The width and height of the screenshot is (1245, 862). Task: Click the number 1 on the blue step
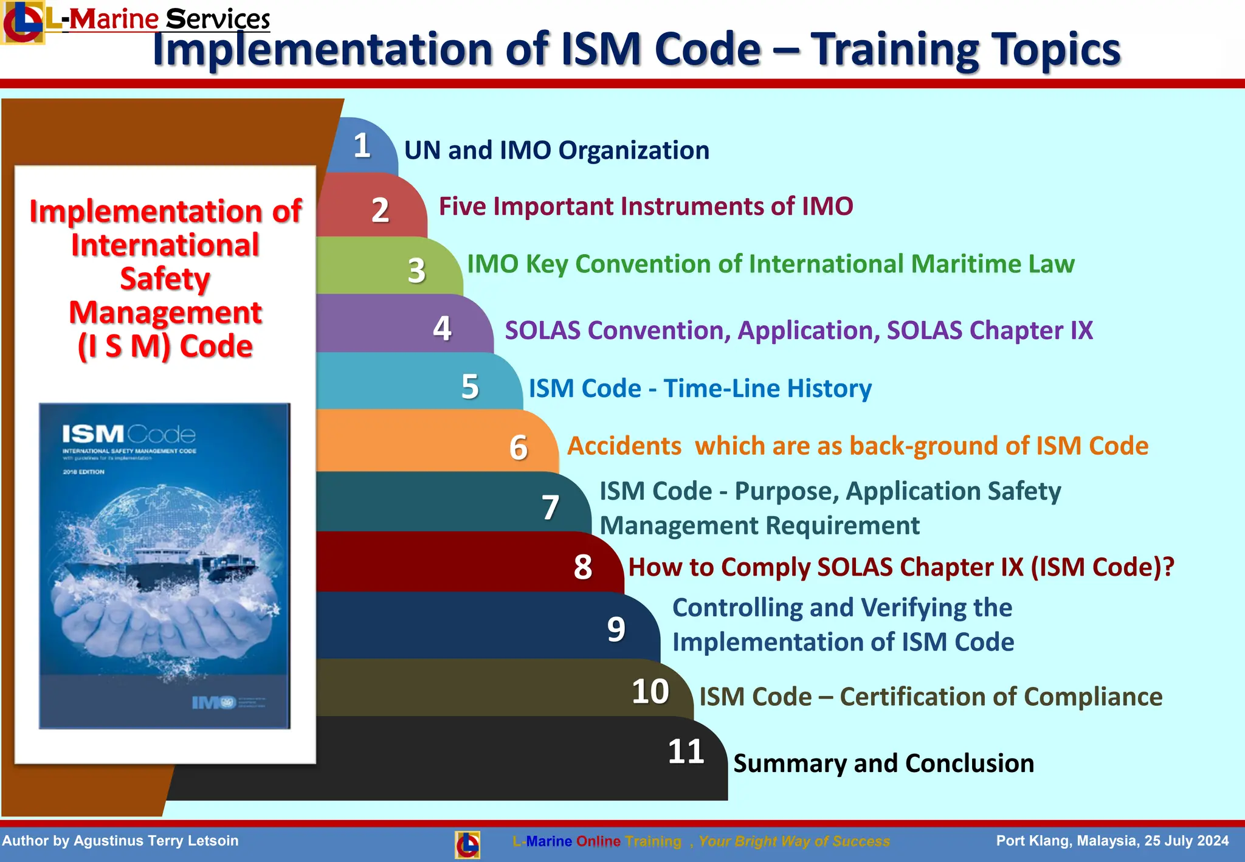click(362, 146)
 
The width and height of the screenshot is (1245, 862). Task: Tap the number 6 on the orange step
click(518, 448)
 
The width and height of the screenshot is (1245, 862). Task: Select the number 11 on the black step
click(686, 752)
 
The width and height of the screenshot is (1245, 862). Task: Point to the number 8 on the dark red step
click(582, 567)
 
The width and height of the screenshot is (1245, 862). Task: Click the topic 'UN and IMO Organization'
click(556, 150)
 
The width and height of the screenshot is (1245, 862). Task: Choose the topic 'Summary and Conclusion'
click(883, 764)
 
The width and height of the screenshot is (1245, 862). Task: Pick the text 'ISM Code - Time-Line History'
click(700, 388)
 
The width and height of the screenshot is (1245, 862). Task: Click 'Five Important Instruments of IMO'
click(646, 207)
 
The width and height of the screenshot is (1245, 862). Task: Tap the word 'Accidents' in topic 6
click(624, 446)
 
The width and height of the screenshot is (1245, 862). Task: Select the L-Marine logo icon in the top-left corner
click(22, 22)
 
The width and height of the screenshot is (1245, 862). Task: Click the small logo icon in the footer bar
click(467, 844)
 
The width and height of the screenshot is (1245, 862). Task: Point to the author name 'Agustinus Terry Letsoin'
click(156, 841)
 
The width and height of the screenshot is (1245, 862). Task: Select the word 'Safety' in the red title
click(165, 279)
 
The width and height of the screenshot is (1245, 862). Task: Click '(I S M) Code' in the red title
click(165, 347)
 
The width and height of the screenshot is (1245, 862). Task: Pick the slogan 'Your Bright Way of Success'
click(794, 841)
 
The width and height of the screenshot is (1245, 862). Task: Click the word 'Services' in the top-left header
click(218, 19)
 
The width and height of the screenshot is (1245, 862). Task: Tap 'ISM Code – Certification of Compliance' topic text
click(930, 697)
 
